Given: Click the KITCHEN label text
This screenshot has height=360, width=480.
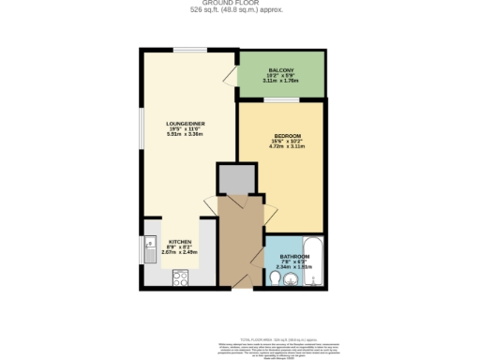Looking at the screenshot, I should (180, 241).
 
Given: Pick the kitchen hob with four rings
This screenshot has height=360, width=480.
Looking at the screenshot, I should (181, 277).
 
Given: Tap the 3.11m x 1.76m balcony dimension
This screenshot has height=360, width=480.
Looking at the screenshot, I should (281, 81).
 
